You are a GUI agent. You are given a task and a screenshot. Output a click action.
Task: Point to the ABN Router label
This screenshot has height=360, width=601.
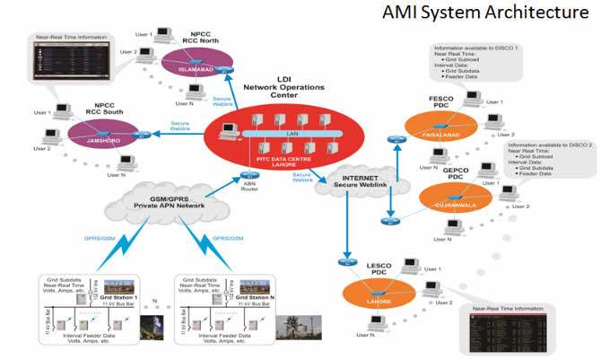pyautogui.click(x=250, y=187)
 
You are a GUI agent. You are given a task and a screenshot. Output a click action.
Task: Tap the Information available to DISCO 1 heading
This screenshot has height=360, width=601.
pyautogui.click(x=477, y=47)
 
